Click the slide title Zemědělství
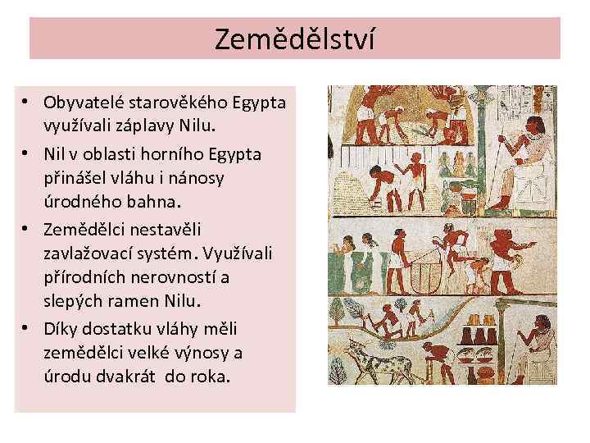coord(295,39)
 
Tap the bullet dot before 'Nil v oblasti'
coord(27,153)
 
